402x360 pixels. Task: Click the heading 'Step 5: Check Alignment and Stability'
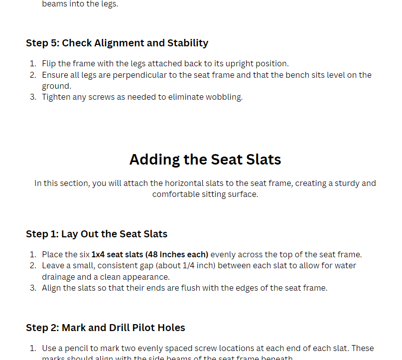[x=117, y=43]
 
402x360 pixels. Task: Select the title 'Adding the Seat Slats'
[x=205, y=159]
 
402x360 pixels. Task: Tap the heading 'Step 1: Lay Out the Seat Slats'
[x=97, y=234]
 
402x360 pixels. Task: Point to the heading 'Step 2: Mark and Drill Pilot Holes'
[x=106, y=328]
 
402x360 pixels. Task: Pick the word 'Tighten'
[x=57, y=97]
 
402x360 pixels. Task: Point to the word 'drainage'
[x=59, y=277]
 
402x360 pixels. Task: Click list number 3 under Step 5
[x=32, y=97]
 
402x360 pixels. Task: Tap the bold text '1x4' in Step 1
[x=99, y=254]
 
